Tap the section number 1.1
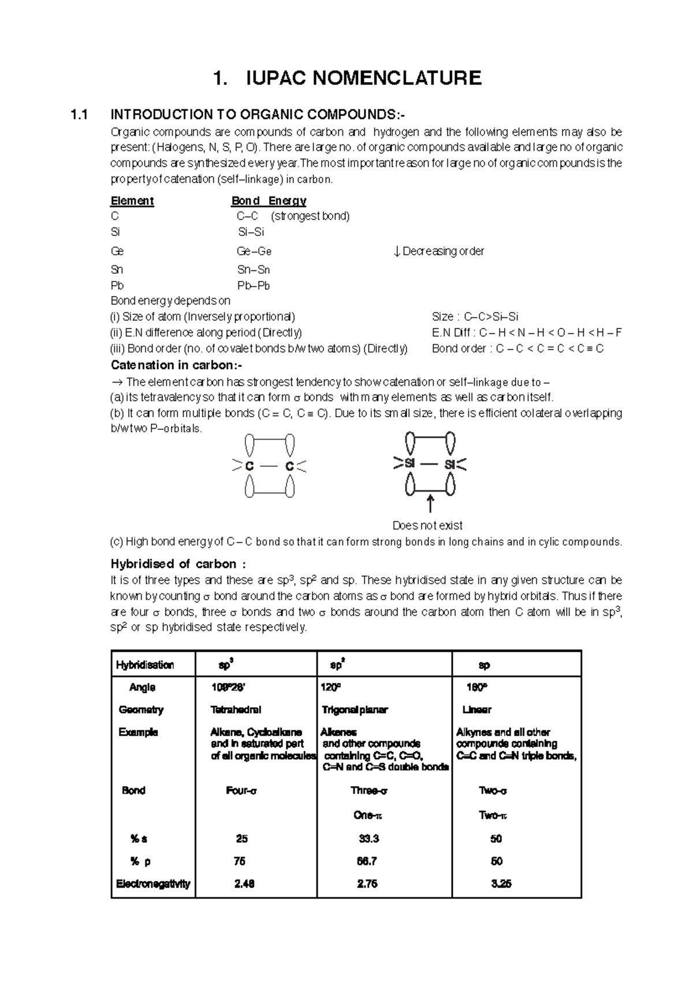click(79, 114)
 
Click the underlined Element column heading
click(132, 201)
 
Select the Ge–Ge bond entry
click(254, 251)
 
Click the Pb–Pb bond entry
click(254, 285)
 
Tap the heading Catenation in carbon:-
click(176, 365)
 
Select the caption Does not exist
click(427, 526)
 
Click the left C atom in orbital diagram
click(249, 466)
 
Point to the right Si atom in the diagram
click(450, 464)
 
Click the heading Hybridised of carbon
click(178, 564)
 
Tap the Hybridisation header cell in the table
click(145, 665)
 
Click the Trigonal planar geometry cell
click(355, 709)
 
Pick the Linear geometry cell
click(476, 709)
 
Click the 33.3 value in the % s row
click(368, 839)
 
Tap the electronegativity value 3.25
click(501, 884)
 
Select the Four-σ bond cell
click(241, 791)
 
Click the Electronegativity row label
click(153, 884)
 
